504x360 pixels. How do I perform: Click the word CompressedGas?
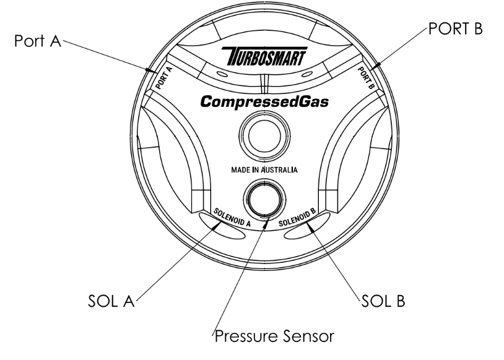click(263, 101)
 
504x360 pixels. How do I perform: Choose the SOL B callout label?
click(383, 302)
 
